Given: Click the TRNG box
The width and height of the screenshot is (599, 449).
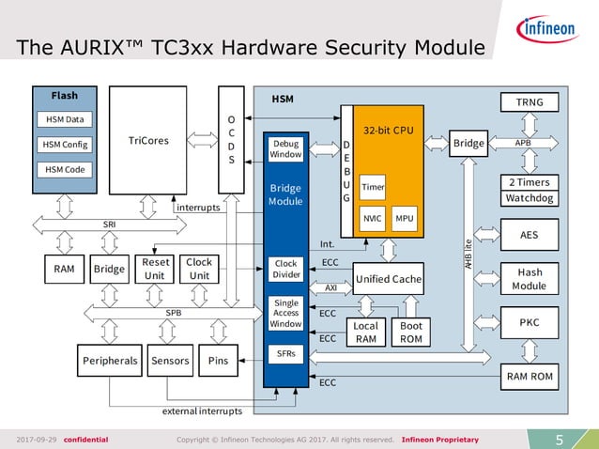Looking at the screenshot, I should point(530,101).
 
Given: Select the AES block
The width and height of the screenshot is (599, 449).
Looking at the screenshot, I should point(530,235).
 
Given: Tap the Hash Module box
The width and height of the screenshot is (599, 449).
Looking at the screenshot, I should point(530,279).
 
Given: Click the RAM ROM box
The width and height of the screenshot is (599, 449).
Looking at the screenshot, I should point(530,377).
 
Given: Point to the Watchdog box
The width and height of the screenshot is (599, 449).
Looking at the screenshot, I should point(530,198).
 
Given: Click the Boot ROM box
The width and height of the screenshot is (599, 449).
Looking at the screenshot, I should point(411,332).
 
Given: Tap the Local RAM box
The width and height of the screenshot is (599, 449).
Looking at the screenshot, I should point(365,332).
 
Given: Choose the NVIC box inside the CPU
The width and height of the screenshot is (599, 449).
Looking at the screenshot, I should point(373,218).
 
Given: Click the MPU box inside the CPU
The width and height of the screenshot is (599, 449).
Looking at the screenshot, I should point(405,218).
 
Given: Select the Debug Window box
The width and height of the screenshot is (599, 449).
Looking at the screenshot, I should point(285,149).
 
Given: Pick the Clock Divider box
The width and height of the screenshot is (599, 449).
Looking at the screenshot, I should point(285,269).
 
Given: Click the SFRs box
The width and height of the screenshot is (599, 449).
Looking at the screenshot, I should point(285,353).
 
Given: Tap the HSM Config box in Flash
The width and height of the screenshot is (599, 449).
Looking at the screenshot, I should point(64,145).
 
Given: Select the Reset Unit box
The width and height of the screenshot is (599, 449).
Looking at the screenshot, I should point(154,269).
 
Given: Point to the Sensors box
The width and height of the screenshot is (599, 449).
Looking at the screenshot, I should point(170,360).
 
